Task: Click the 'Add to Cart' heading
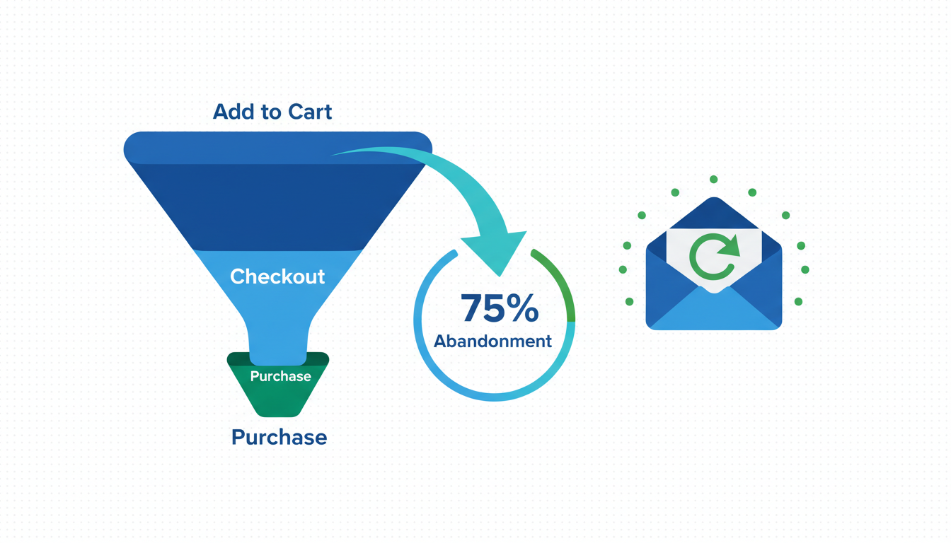tap(272, 112)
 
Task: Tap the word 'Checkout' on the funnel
tap(277, 276)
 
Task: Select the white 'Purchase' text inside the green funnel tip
tap(280, 376)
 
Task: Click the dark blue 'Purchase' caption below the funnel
tap(279, 437)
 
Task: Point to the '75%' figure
tap(500, 308)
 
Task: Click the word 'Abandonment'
tap(492, 341)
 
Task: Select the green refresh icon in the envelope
tap(714, 257)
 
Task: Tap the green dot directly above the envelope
tap(714, 180)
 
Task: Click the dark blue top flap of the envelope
tap(714, 214)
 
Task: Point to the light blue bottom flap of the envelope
tap(714, 312)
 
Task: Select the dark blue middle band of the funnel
tap(278, 206)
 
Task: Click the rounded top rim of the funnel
tap(278, 148)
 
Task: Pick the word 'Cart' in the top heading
tap(310, 112)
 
